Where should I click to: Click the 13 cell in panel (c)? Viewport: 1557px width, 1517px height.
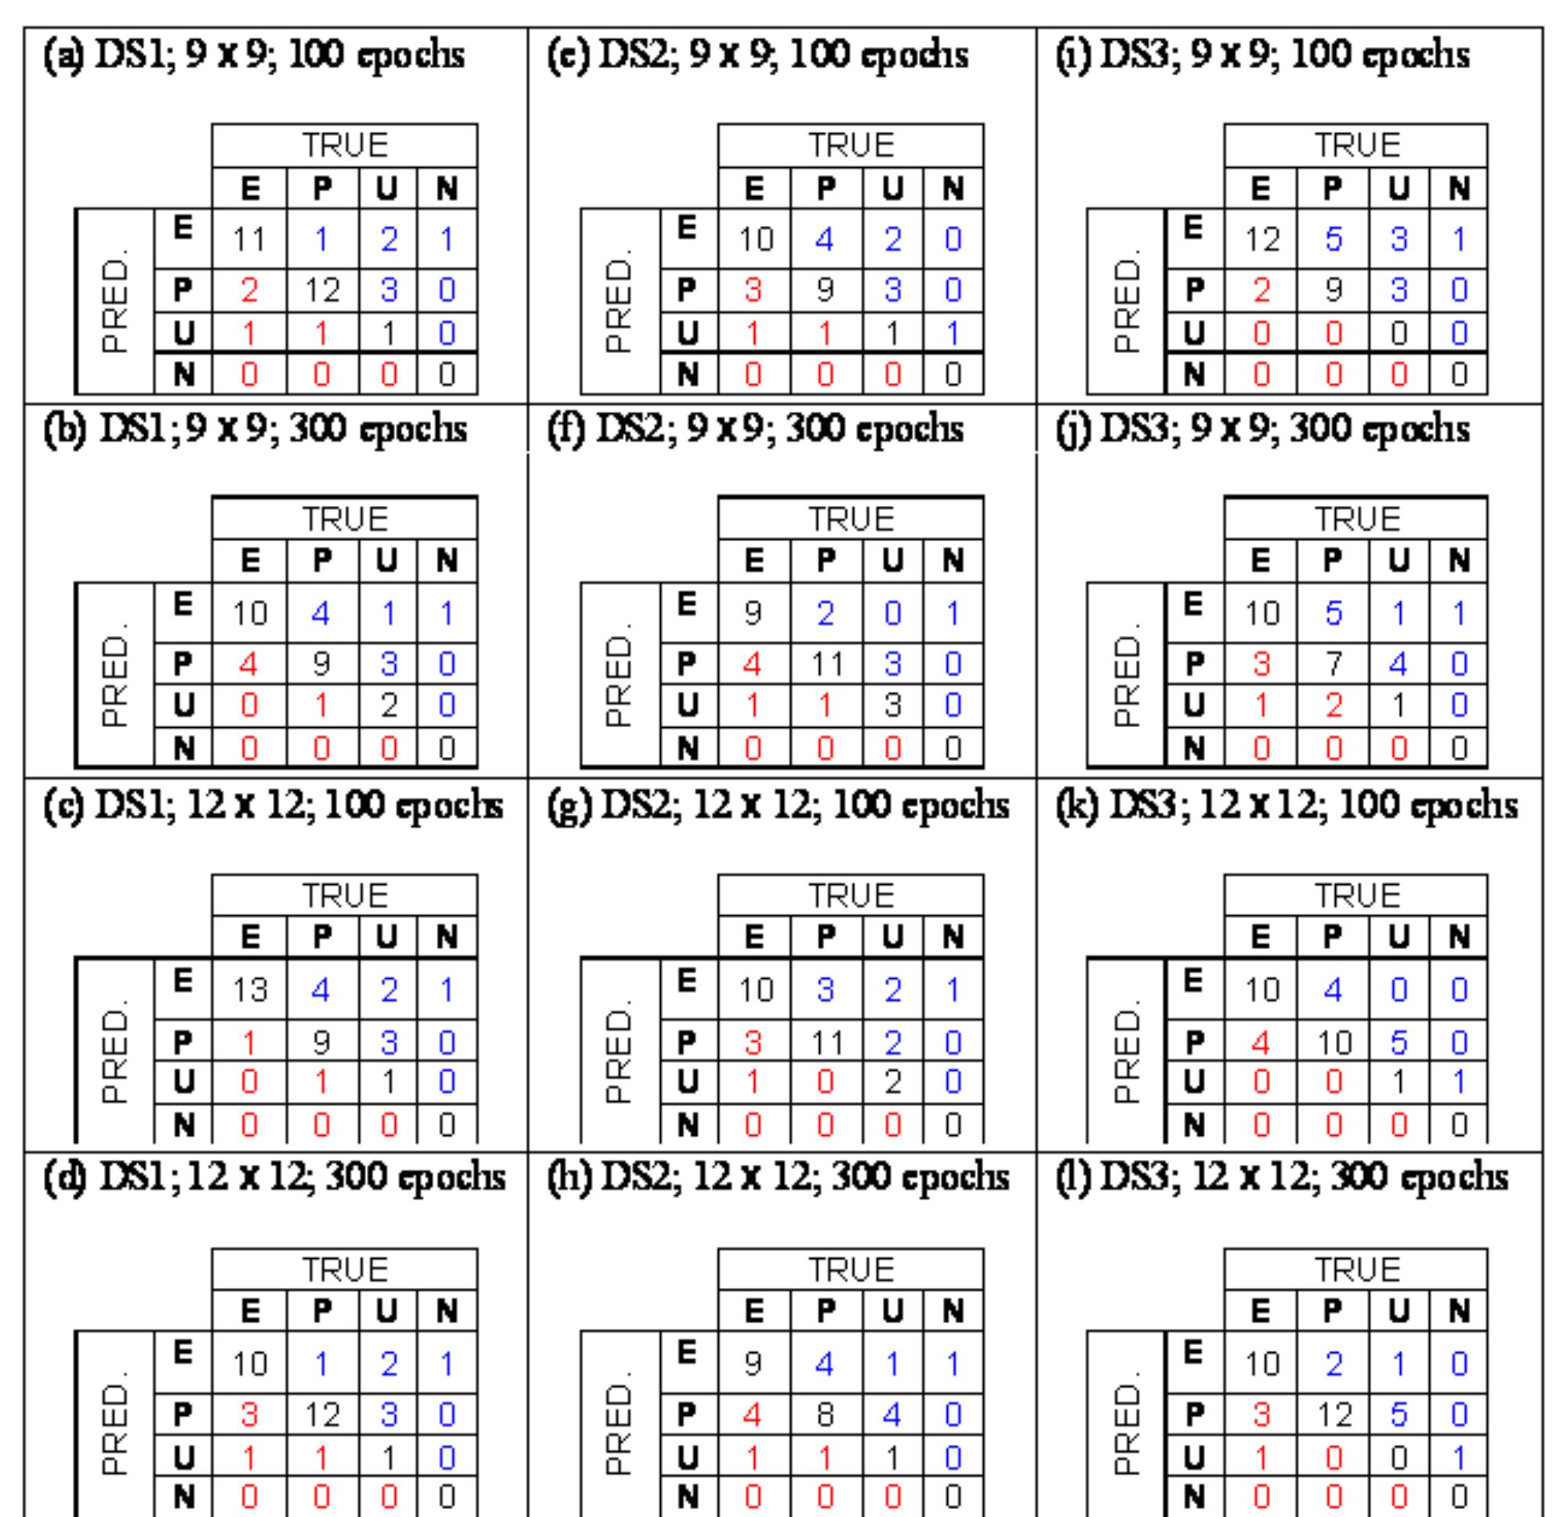pyautogui.click(x=249, y=991)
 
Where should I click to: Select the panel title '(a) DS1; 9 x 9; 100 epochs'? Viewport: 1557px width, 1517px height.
pyautogui.click(x=255, y=55)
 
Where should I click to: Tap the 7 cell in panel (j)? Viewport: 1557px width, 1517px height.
pyautogui.click(x=1334, y=663)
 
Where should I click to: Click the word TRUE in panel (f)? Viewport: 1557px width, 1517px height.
pyautogui.click(x=851, y=519)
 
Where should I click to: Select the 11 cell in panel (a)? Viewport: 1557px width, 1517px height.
pyautogui.click(x=249, y=240)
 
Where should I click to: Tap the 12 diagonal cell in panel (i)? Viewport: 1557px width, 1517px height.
pyautogui.click(x=1262, y=240)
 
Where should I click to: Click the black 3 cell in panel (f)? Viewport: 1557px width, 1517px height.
pyautogui.click(x=893, y=706)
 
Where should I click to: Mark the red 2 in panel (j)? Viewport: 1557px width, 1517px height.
pyautogui.click(x=1334, y=706)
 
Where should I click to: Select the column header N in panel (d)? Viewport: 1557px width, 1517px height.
pyautogui.click(x=447, y=1311)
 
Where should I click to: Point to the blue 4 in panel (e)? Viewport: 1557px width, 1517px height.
pyautogui.click(x=826, y=240)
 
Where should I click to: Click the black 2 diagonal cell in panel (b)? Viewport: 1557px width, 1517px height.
pyautogui.click(x=387, y=706)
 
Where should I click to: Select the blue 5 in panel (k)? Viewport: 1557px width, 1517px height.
pyautogui.click(x=1399, y=1042)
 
